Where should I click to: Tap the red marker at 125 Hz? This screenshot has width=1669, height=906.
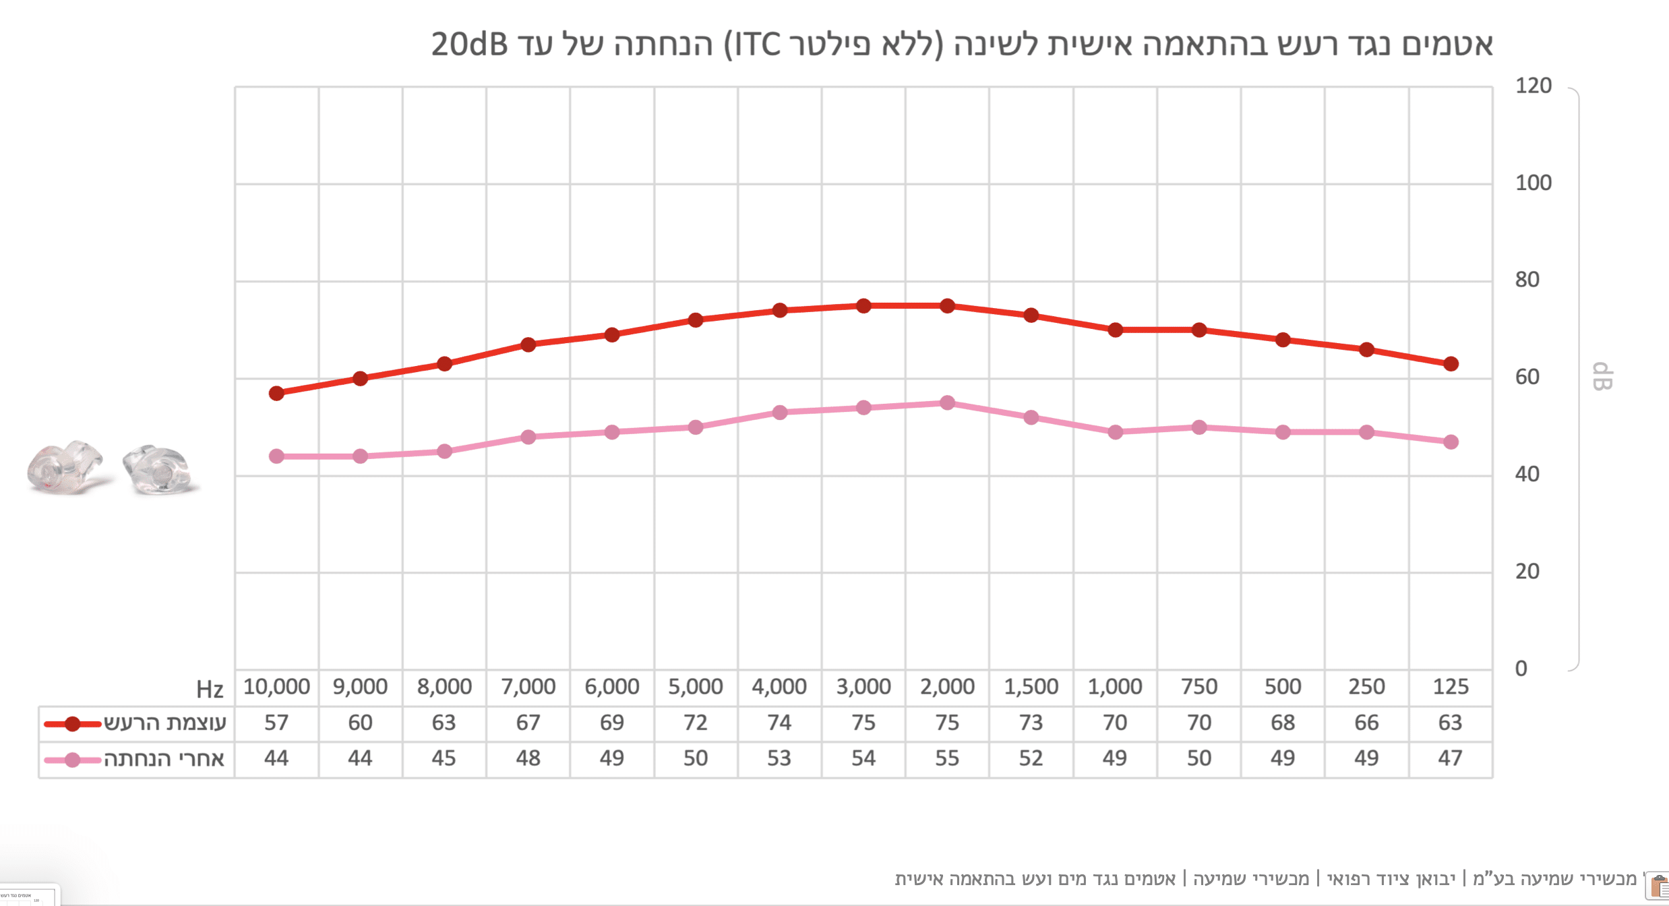[1451, 364]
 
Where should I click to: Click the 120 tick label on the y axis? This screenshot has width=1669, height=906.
[1533, 86]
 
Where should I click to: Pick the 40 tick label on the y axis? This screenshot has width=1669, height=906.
[1527, 475]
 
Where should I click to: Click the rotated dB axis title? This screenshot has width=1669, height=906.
[1602, 377]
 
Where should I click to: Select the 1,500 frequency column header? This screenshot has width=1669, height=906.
[1031, 687]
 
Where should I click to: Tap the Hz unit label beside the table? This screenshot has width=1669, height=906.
[210, 689]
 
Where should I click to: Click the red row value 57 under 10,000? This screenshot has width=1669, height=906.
[276, 723]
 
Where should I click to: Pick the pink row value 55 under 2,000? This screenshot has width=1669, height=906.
[947, 758]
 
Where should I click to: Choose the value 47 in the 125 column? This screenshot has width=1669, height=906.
[1450, 758]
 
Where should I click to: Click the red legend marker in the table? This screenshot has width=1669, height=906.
[72, 724]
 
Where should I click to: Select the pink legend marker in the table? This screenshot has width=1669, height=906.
[72, 760]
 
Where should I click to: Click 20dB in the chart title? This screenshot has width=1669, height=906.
[469, 44]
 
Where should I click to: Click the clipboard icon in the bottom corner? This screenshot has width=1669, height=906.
[1658, 885]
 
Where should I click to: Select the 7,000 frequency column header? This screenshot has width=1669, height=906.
[528, 687]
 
